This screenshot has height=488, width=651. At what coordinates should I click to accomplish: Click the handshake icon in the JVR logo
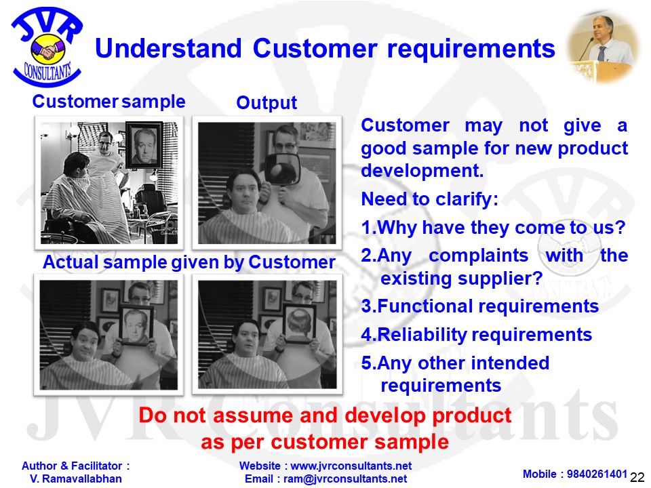(x=47, y=49)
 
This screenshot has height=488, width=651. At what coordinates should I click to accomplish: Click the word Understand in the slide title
(x=168, y=48)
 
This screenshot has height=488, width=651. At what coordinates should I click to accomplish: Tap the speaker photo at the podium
(x=602, y=47)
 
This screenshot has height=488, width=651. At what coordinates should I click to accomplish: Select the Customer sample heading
(x=108, y=102)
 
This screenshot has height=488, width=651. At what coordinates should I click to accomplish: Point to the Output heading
(x=267, y=102)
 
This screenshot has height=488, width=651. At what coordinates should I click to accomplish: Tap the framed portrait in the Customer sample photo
(x=144, y=145)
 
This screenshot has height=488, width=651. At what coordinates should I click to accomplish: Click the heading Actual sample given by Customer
(x=189, y=262)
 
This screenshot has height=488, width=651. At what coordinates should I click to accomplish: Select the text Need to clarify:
(x=430, y=199)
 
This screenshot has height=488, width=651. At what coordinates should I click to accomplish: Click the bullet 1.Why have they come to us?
(x=493, y=228)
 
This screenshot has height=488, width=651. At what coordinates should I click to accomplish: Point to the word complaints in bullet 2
(x=478, y=256)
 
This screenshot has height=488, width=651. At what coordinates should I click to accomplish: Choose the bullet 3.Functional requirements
(x=480, y=306)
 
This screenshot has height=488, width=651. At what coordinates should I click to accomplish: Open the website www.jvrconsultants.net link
(x=351, y=466)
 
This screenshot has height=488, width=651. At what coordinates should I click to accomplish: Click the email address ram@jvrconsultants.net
(x=345, y=479)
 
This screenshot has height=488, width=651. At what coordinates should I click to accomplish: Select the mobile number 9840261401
(x=597, y=474)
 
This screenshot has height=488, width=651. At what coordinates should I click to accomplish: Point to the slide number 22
(x=637, y=478)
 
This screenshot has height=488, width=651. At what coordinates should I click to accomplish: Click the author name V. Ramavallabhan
(x=75, y=479)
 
